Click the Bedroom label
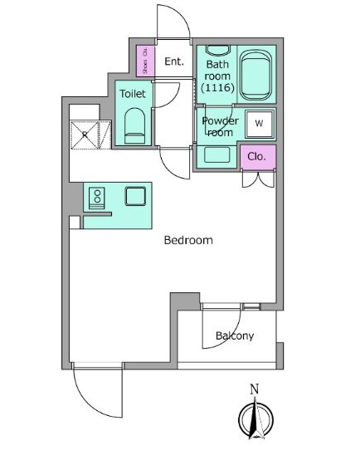188,240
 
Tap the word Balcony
235,336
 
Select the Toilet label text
133,94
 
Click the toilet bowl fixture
134,126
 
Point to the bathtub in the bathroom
255,76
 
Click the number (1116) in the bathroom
218,87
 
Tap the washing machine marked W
259,124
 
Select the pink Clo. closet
258,157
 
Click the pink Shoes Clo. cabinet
145,61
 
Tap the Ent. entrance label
174,61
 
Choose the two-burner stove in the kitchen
97,198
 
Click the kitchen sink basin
135,196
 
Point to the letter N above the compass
255,389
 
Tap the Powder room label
220,126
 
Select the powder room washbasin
216,154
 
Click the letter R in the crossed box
85,135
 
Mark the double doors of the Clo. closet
258,179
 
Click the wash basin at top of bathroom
218,50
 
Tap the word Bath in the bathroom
217,65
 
